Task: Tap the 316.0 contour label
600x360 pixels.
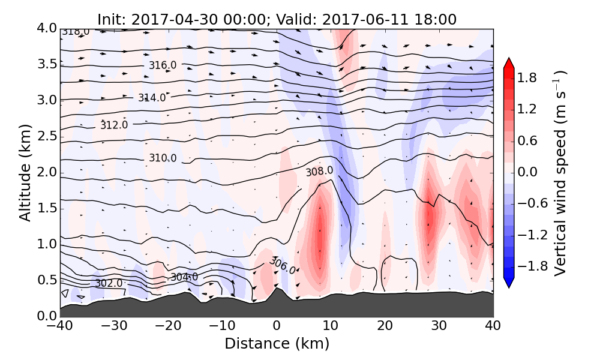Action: [163, 65]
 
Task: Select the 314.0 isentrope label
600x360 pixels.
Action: [152, 98]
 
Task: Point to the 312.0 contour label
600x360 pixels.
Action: [114, 125]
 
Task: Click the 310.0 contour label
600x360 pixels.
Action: [163, 158]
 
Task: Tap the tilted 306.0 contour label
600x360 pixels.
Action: [282, 265]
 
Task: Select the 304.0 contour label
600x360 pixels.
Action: [184, 277]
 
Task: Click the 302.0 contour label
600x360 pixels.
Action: [109, 283]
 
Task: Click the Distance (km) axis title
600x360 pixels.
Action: [277, 344]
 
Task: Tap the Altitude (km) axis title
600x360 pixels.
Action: [25, 173]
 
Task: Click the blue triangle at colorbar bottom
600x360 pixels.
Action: [508, 284]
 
